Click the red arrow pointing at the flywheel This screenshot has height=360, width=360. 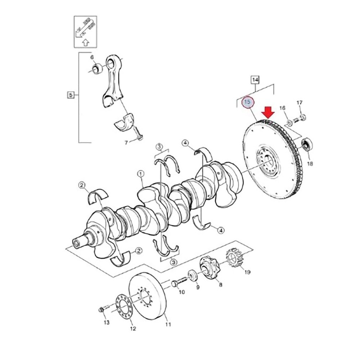tap(269, 113)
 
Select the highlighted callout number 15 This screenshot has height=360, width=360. tap(247, 103)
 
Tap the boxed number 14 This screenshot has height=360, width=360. tap(255, 79)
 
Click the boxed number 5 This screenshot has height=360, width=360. tap(71, 95)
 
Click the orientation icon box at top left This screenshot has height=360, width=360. tap(85, 31)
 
